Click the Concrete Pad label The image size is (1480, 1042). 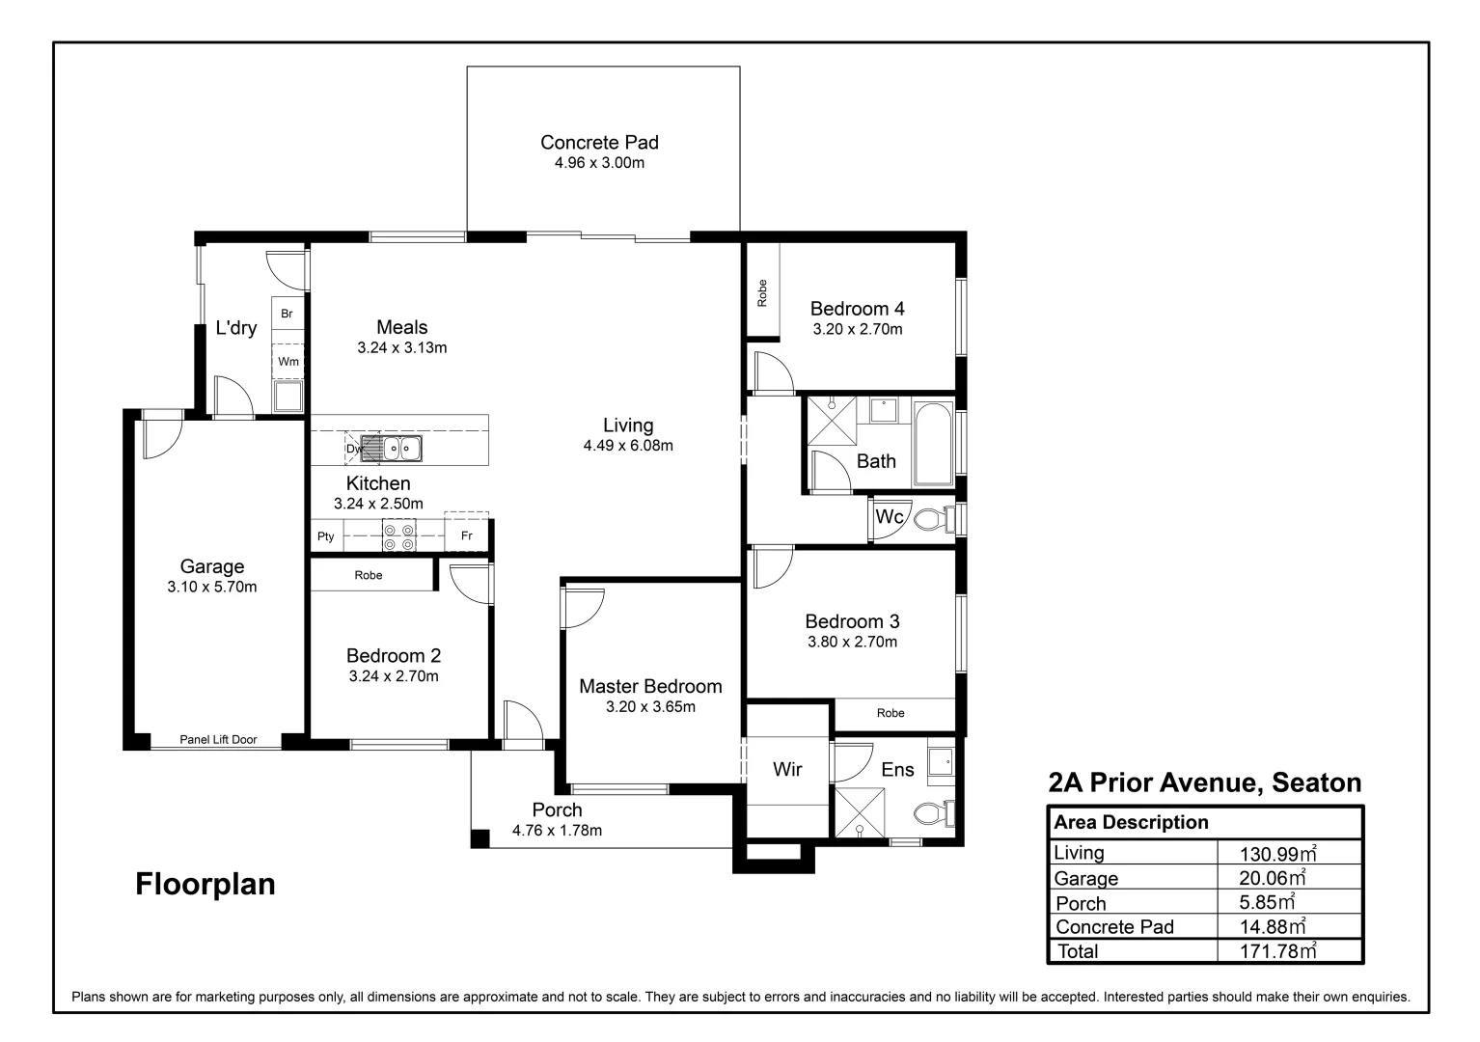pos(599,143)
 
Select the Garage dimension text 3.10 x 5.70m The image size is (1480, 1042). pos(212,587)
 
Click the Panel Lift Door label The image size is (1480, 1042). pos(218,740)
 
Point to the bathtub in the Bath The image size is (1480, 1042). pos(933,443)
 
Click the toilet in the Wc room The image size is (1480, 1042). pos(929,519)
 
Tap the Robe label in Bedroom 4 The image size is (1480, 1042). pos(762,293)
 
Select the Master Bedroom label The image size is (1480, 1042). pos(650,686)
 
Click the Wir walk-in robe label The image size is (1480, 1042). pos(787,769)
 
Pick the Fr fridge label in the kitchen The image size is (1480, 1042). pos(467,536)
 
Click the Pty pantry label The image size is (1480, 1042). pos(326,536)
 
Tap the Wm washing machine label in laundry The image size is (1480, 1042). pos(288,362)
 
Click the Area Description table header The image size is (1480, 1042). pos(1131,823)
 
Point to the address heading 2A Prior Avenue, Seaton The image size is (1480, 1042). pos(1205,782)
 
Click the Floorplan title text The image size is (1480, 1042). pos(206,884)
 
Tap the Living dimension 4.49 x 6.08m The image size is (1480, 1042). pos(628,446)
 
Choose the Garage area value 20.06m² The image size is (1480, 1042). pos(1272,878)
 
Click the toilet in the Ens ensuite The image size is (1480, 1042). pos(930,813)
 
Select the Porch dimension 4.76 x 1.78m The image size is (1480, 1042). pos(557,831)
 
